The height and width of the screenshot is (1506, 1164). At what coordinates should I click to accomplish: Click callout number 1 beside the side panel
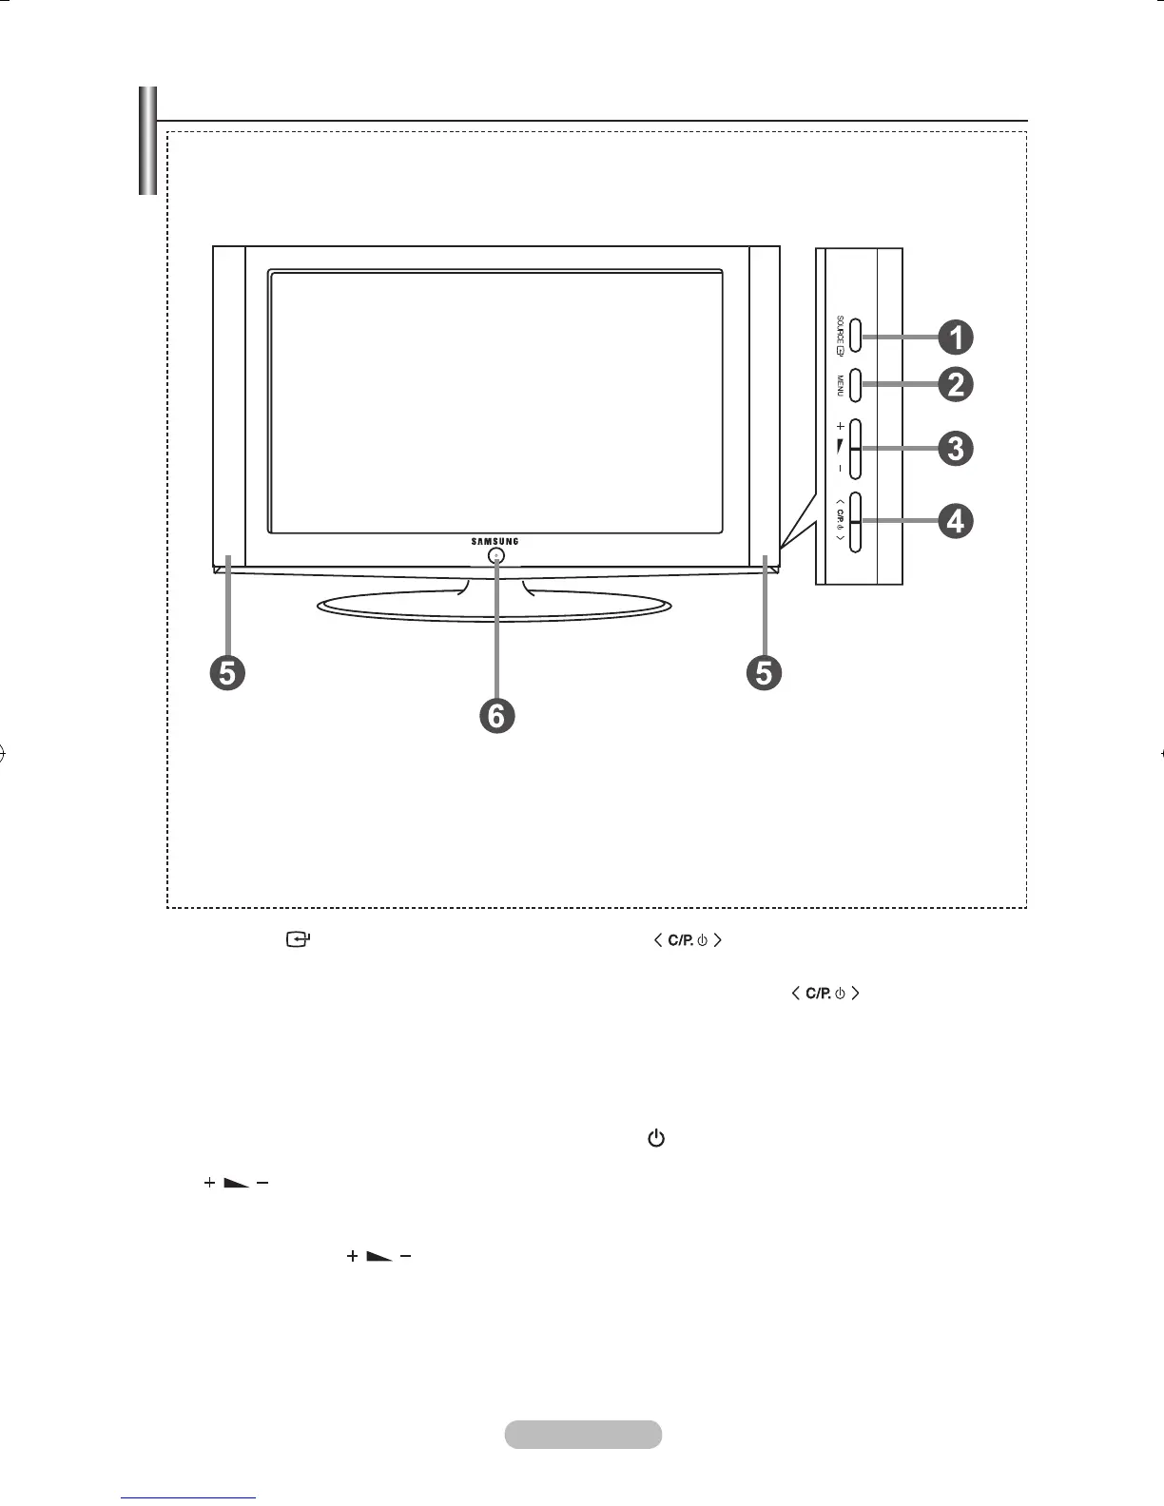coord(956,337)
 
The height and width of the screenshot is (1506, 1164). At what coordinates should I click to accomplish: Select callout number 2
coord(956,384)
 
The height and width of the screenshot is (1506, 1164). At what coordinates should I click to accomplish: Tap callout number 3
coord(956,448)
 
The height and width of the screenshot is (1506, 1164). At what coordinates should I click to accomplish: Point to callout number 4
coord(956,520)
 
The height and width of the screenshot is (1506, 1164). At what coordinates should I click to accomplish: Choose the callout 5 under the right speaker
coord(764,672)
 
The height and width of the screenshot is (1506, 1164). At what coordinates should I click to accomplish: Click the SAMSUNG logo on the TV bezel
coord(495,542)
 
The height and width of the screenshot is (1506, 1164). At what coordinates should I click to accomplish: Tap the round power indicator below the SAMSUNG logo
coord(496,556)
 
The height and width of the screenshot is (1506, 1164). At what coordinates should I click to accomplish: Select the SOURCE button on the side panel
coord(854,335)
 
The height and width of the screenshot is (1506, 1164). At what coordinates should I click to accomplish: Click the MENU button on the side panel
coord(854,384)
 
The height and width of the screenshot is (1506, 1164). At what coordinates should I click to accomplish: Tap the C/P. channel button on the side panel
coord(854,522)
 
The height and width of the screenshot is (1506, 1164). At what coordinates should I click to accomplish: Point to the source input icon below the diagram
coord(299,940)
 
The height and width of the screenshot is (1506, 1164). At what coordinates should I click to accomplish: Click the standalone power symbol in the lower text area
coord(655,1138)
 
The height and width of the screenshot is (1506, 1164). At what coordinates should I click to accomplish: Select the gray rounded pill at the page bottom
coord(582,1434)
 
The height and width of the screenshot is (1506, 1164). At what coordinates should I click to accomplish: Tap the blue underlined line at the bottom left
coord(189,1498)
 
